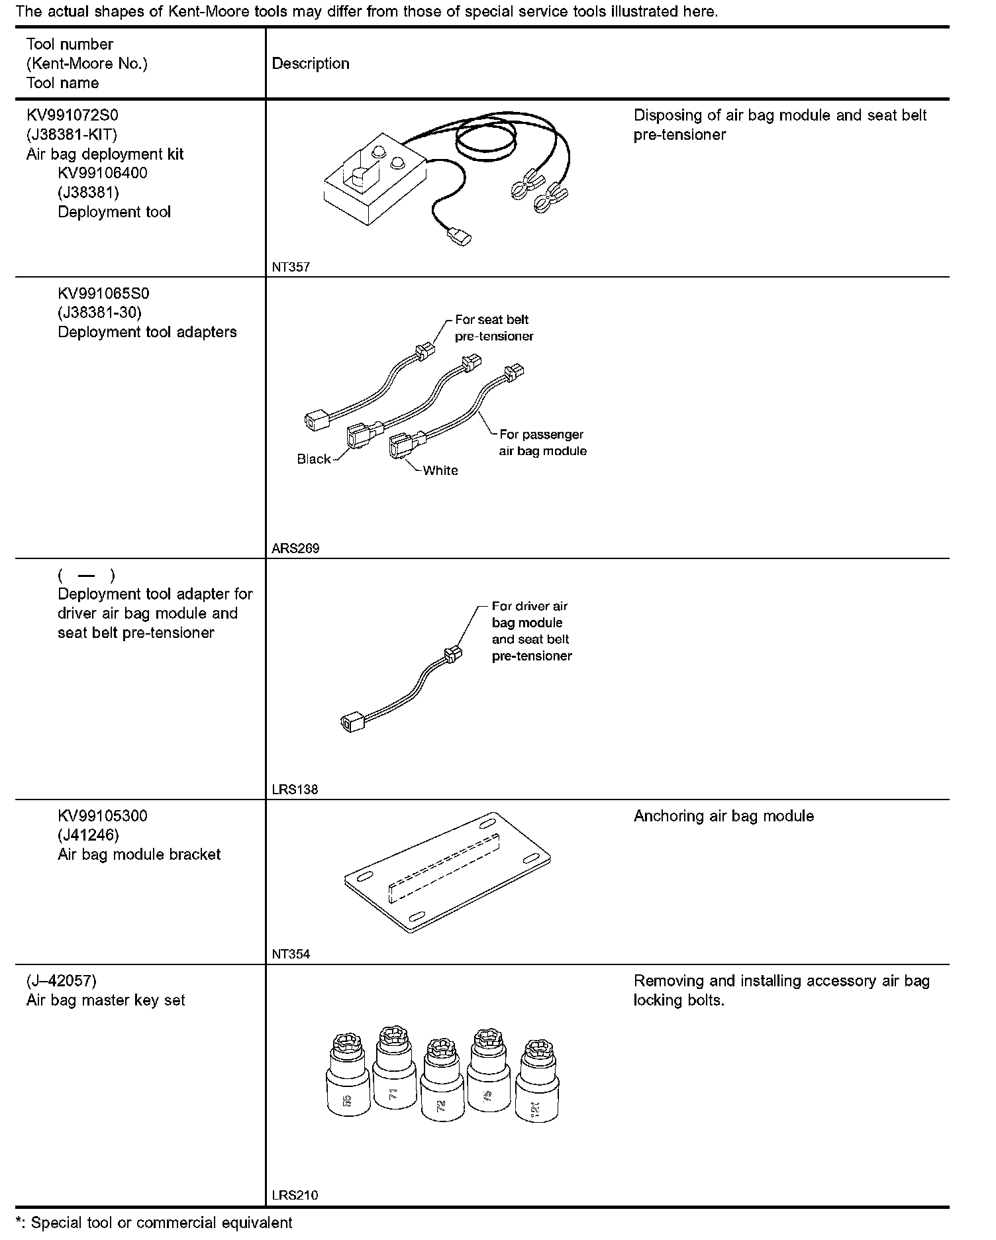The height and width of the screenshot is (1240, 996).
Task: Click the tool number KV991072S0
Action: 72,115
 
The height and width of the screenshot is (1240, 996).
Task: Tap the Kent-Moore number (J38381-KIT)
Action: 72,134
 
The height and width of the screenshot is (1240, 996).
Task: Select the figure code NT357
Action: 291,268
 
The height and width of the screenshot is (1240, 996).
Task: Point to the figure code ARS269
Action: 295,548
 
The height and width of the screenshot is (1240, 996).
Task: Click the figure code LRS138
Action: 295,790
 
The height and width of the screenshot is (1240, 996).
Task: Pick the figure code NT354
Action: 291,955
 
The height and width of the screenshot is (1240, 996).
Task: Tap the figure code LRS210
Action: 295,1196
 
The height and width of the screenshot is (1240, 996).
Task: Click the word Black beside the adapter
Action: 313,459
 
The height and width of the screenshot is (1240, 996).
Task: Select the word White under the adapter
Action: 440,470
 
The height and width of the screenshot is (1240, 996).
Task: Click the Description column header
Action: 311,64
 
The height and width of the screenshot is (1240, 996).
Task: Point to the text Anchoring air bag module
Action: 723,816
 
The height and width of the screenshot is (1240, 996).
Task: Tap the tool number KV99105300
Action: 103,816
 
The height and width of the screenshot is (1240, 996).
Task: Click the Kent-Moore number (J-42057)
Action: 62,981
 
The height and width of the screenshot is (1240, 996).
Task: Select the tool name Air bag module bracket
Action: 139,854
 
